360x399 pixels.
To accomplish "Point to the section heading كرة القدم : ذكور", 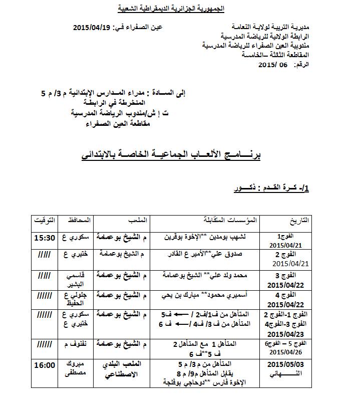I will pyautogui.click(x=272, y=189).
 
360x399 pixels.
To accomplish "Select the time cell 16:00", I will pyautogui.click(x=44, y=365).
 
